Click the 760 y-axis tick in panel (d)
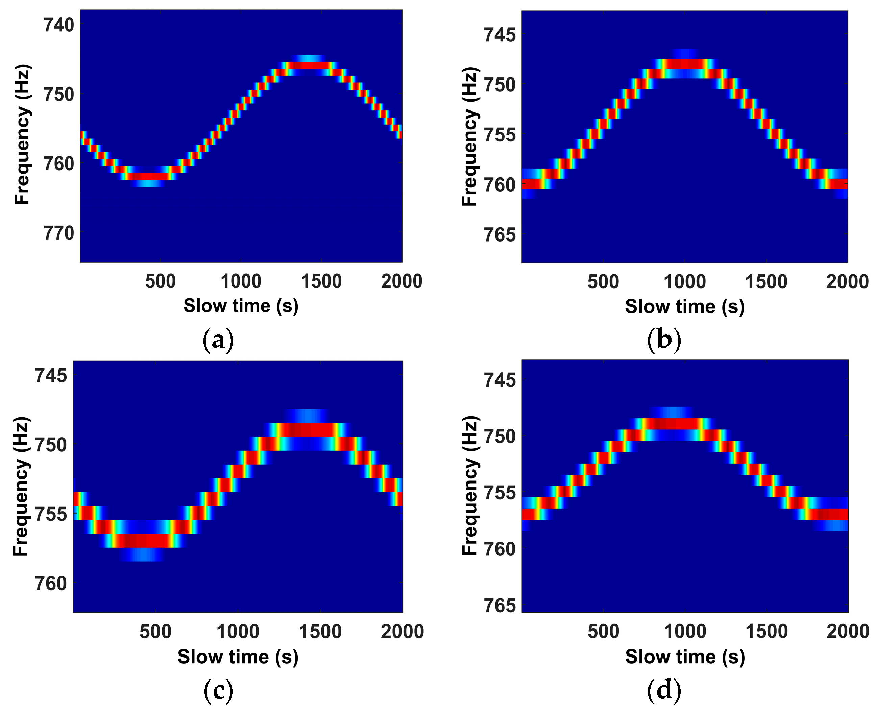[x=500, y=549]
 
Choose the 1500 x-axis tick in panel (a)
[x=321, y=281]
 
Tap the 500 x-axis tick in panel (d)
[x=603, y=632]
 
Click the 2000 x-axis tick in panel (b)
[x=847, y=282]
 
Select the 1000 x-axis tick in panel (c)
[x=238, y=632]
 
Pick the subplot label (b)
[x=664, y=340]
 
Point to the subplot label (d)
[x=664, y=690]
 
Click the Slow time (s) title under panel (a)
[x=241, y=306]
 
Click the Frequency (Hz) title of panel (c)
[x=21, y=486]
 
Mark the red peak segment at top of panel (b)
[x=685, y=64]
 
